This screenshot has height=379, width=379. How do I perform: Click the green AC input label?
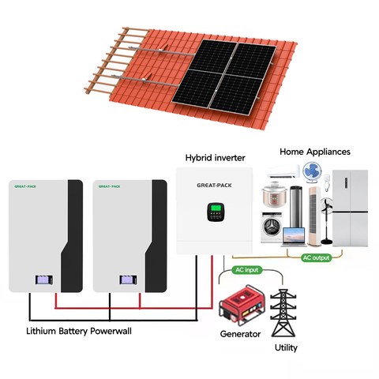click(247, 270)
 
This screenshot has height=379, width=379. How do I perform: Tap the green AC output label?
click(316, 257)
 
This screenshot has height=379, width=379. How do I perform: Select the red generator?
click(242, 305)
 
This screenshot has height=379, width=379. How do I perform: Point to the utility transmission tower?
click(283, 313)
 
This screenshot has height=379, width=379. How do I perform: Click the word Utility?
click(286, 347)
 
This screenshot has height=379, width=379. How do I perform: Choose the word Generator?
click(240, 334)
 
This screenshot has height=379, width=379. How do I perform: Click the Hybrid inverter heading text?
click(215, 158)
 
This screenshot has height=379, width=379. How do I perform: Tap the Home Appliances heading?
click(315, 152)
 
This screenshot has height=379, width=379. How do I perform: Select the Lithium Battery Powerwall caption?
click(79, 331)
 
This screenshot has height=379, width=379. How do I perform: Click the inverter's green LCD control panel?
click(216, 212)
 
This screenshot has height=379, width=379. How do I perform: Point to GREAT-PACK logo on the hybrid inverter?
click(214, 186)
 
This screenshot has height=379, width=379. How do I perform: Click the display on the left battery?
click(44, 280)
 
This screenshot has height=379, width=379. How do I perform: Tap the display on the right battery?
click(128, 280)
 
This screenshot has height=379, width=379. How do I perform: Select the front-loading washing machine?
click(272, 227)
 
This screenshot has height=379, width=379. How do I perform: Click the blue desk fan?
click(312, 172)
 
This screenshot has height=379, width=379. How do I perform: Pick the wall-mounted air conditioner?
click(283, 171)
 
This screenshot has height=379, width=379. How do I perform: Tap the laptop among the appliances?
click(294, 237)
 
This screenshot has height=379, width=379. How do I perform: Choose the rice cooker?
click(275, 194)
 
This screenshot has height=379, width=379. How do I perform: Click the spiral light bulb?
click(327, 182)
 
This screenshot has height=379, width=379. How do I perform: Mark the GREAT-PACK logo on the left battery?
click(25, 186)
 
